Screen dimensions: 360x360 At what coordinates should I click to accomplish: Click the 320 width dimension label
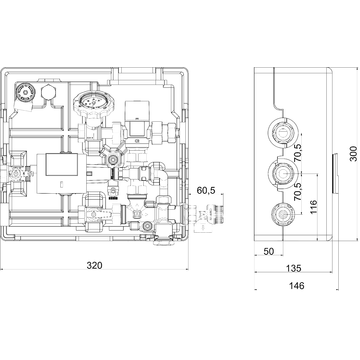click(95, 265)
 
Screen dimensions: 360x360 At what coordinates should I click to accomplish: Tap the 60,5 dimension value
click(206, 190)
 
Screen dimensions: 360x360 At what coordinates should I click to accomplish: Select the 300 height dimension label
click(353, 154)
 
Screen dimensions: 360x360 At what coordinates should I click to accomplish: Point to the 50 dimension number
click(269, 251)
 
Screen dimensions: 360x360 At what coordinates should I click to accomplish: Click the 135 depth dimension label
click(293, 268)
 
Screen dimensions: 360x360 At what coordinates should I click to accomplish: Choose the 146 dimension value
click(296, 285)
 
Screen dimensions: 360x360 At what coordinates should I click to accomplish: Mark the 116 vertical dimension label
click(314, 207)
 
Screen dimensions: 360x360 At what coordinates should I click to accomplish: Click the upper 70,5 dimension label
click(298, 152)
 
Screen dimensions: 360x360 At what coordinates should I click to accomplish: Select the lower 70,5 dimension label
click(298, 191)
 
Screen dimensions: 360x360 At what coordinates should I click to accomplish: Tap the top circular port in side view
click(282, 132)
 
